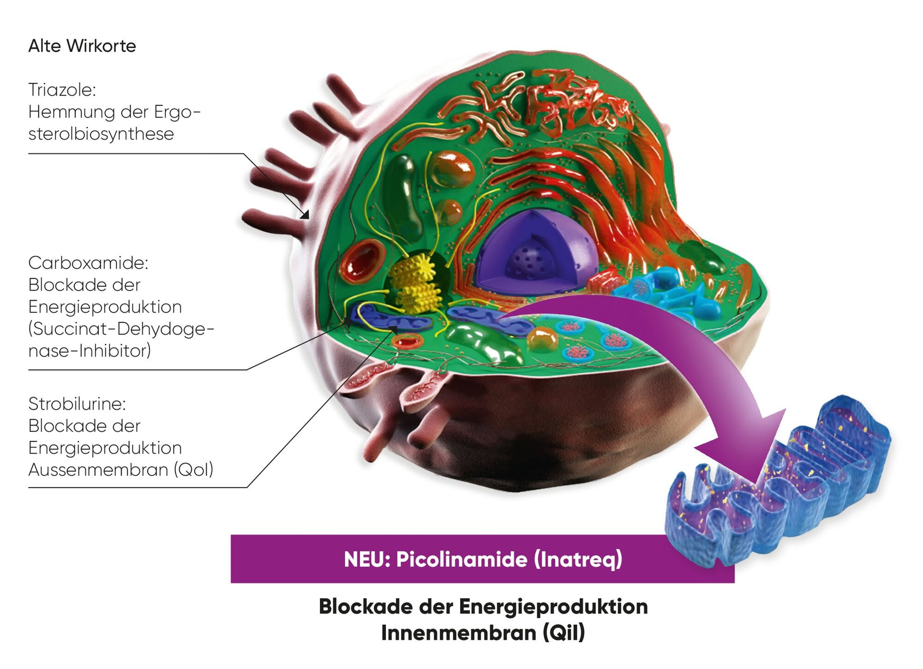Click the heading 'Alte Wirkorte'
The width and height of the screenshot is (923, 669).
[x=82, y=46]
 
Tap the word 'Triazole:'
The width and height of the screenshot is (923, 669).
[x=62, y=90]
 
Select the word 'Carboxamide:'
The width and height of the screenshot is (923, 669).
[x=88, y=263]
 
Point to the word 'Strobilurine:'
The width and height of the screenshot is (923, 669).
[x=77, y=404]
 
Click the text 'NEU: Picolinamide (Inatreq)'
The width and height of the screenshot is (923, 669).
[x=483, y=559]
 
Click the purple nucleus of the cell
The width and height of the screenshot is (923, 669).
[x=535, y=254]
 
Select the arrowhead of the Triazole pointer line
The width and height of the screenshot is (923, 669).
[x=305, y=215]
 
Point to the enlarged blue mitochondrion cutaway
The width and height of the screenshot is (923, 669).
[x=780, y=484]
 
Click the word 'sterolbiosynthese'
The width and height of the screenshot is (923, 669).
[x=101, y=134]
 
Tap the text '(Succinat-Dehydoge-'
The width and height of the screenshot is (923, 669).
[x=121, y=329]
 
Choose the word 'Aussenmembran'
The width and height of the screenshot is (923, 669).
[x=98, y=470]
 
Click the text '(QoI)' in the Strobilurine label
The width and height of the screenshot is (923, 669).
[x=193, y=470]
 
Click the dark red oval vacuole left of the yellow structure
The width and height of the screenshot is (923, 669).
[x=363, y=261]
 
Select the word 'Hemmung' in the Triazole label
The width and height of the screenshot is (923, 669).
[x=65, y=112]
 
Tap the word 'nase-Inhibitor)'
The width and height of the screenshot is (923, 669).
[x=90, y=351]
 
